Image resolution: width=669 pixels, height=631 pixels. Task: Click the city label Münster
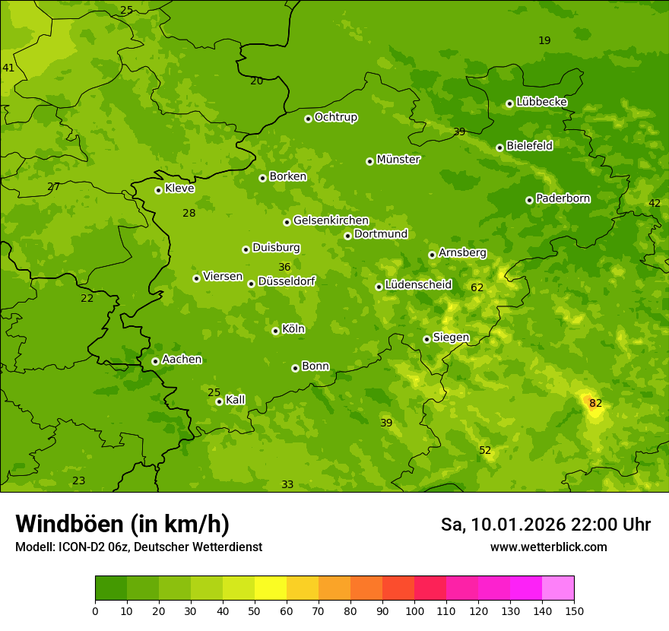click(x=398, y=160)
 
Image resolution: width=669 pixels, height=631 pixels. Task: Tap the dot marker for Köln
click(x=275, y=331)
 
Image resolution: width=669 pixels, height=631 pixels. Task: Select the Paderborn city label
click(x=563, y=198)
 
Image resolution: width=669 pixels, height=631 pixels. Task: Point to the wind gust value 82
click(x=595, y=403)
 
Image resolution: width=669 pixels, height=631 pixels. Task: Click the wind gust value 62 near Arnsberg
click(x=477, y=287)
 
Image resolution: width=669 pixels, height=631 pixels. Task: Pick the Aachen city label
click(x=182, y=360)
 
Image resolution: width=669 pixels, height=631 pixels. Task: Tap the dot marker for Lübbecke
click(x=509, y=103)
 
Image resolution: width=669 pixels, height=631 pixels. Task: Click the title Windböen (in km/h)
click(x=122, y=524)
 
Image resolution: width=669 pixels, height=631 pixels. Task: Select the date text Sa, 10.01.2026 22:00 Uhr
click(x=545, y=525)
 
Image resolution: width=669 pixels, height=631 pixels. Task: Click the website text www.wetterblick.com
click(x=548, y=547)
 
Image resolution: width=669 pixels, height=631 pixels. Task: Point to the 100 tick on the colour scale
click(x=414, y=610)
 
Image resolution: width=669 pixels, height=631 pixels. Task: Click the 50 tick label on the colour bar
click(x=255, y=610)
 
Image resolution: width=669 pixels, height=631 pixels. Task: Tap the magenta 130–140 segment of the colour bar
click(x=526, y=588)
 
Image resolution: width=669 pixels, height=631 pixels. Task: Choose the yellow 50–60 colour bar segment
click(x=271, y=588)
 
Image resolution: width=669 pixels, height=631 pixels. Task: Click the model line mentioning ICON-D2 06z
click(x=138, y=547)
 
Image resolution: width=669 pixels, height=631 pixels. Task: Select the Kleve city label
click(x=179, y=189)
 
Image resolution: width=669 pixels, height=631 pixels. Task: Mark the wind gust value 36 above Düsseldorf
click(x=284, y=267)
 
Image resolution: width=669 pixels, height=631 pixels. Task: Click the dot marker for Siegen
click(x=426, y=339)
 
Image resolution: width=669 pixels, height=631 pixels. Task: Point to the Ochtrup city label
click(x=335, y=117)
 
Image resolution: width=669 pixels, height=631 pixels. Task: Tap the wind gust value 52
click(x=485, y=451)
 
